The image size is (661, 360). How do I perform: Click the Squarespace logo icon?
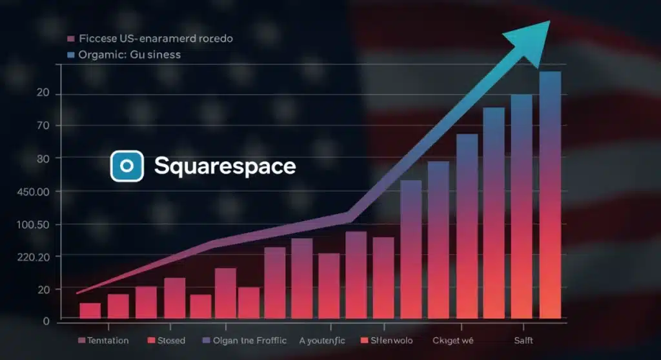[127, 166]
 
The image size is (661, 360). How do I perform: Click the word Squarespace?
[225, 166]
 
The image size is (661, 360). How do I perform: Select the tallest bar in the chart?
[550, 194]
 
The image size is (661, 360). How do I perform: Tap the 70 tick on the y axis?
[43, 126]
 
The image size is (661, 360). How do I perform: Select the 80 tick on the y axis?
[43, 158]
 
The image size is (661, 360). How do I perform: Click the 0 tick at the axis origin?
[46, 321]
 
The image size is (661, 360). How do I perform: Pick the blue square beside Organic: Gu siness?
[70, 55]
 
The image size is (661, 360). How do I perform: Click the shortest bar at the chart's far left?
[90, 310]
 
